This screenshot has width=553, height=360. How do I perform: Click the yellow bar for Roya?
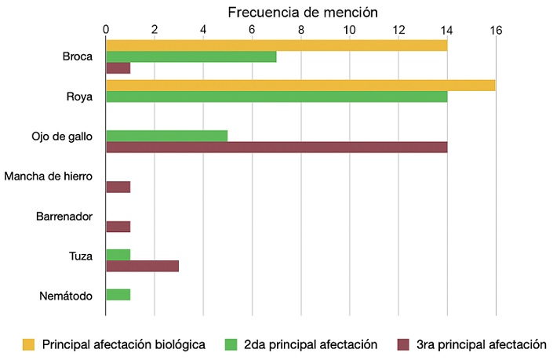coord(300,85)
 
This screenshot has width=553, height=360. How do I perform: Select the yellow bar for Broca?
coord(276,45)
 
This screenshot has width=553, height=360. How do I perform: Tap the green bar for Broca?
coord(191,56)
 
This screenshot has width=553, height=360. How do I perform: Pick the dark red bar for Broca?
coord(118,68)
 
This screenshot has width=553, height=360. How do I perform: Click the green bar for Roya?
coord(276,96)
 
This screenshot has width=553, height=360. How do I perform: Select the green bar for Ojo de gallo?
coord(166,135)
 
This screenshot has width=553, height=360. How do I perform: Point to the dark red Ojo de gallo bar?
coord(276,147)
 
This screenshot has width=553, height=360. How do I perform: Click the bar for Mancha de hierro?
coord(118,187)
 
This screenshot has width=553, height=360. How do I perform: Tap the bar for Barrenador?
coord(118,227)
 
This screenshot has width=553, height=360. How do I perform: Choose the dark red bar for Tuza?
coord(142,266)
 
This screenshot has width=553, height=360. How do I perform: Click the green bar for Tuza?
coord(118,254)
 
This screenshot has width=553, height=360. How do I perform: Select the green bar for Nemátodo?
coord(118,294)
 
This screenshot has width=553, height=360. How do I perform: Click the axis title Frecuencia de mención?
coord(303,13)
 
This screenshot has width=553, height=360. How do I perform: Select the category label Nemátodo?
coord(66,296)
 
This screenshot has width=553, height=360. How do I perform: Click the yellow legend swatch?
coord(29,344)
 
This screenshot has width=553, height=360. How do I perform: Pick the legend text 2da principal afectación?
coord(311,344)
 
